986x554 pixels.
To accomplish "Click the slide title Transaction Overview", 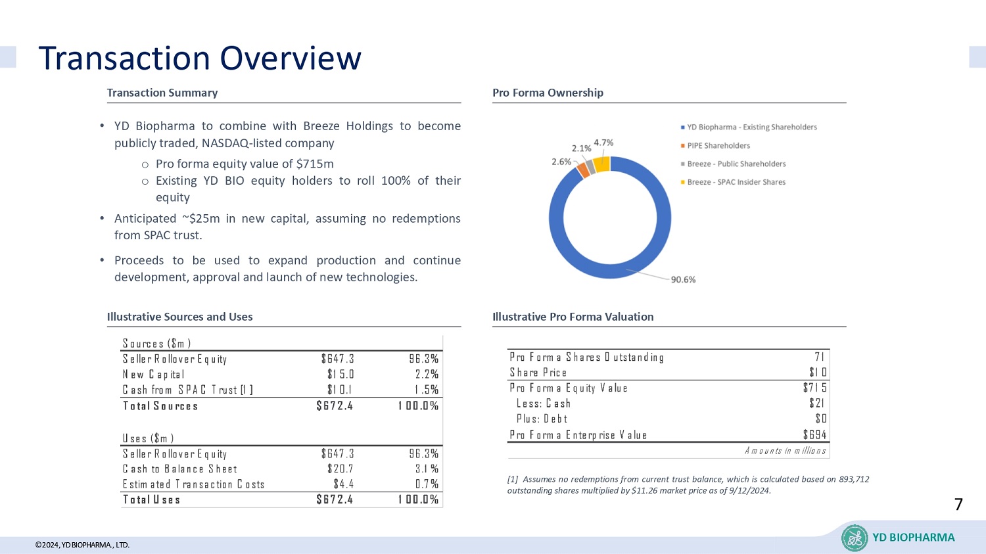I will click(200, 58).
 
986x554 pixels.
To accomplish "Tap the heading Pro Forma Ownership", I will click(548, 93).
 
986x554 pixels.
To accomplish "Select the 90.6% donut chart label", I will click(683, 279).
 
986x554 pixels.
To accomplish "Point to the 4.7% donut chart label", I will click(603, 143).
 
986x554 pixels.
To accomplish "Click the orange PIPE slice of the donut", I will click(582, 170).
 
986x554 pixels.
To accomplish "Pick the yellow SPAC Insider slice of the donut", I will click(601, 164).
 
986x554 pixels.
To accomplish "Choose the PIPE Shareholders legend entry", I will click(718, 146).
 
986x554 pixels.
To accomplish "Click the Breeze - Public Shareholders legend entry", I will click(736, 164).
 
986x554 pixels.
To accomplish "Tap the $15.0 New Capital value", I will click(340, 374).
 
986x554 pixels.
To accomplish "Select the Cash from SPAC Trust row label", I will click(187, 390).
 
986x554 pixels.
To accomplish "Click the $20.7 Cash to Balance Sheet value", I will click(340, 469).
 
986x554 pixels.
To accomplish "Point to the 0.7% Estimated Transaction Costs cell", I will click(427, 484).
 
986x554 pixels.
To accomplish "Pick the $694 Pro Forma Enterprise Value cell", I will click(814, 434).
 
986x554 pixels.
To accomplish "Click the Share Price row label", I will click(538, 373).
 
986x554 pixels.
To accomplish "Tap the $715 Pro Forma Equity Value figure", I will click(814, 388).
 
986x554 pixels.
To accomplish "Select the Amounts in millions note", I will click(785, 451).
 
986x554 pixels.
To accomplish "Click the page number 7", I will click(958, 505).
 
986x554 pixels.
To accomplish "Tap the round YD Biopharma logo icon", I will click(855, 538).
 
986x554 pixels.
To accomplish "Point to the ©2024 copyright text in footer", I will click(82, 545).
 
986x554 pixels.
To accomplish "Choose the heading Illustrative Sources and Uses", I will click(179, 317).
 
